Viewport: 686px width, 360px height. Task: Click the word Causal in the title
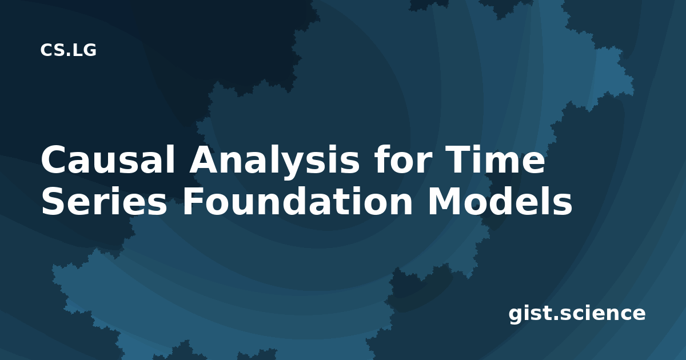click(109, 159)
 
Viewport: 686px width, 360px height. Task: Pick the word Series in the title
click(104, 201)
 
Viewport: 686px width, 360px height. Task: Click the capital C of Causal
click(54, 159)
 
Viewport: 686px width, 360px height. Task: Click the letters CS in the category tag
click(52, 50)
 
